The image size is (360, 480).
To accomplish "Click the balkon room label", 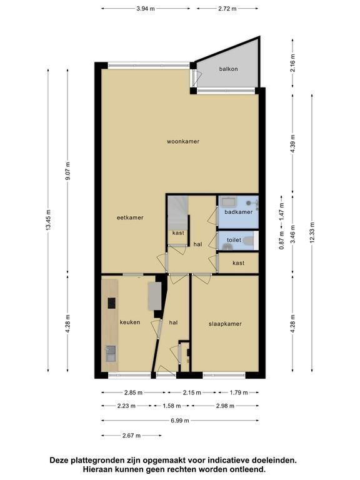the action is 228,69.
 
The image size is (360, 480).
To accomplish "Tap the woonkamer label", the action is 183,141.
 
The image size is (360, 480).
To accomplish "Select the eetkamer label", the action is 130,217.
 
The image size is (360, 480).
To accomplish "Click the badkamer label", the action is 239,212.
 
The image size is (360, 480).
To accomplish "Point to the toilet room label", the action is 234,240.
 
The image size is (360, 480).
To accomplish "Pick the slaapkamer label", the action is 225,324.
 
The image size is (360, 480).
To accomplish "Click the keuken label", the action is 130,322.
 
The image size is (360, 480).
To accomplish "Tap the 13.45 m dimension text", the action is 48,221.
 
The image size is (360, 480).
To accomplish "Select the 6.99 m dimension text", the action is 180,421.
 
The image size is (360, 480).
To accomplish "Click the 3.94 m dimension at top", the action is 146,9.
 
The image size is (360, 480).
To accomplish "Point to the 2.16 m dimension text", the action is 293,62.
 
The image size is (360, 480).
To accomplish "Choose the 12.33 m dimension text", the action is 312,232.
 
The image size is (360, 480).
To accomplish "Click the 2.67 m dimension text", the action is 131,435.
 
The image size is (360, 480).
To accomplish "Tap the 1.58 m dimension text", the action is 172,406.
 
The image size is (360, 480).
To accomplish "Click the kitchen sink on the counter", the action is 111,354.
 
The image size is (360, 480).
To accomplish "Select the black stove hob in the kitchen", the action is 111,303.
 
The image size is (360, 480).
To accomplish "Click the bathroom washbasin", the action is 229,202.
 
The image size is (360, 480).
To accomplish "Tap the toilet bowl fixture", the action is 249,241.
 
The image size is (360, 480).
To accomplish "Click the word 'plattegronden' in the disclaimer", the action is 100,461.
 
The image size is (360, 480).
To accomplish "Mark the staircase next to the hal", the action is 177,212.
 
